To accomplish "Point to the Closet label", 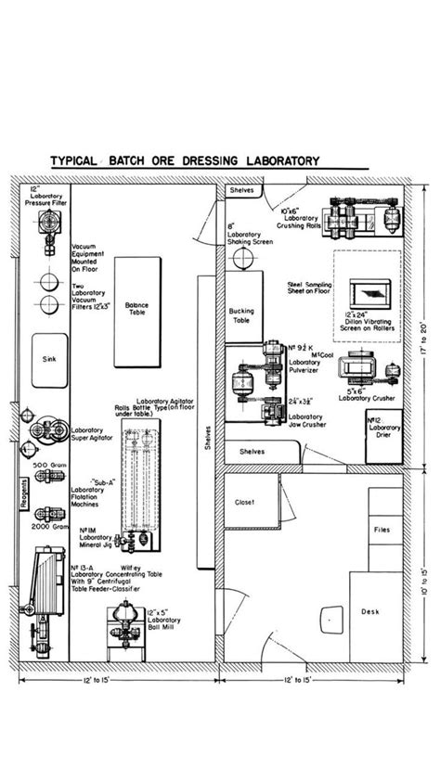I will click(x=244, y=502).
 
